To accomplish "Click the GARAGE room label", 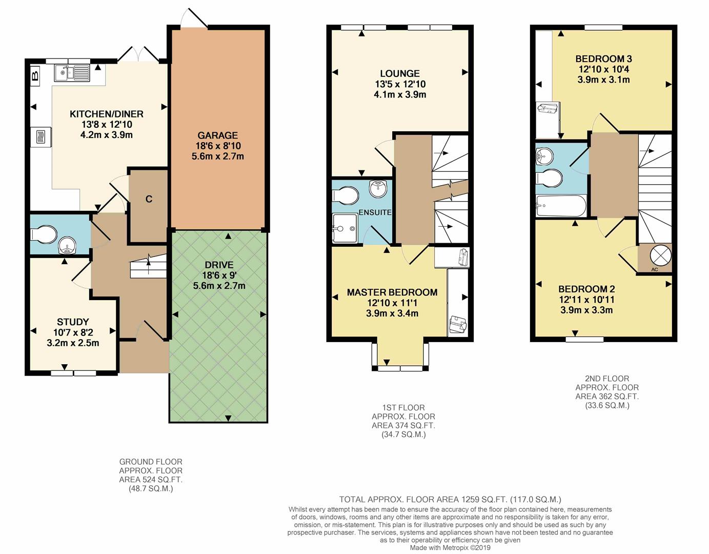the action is pos(218,135).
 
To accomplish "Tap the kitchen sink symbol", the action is pos(72,73).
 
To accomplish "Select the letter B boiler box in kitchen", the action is pos(35,76).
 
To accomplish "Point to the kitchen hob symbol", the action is pos(42,137).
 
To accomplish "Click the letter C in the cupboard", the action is pos(149,199).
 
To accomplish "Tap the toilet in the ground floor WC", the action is pos(44,234).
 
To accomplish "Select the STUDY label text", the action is pos(73,322).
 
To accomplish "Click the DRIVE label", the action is pos(219,265).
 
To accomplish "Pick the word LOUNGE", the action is pos(400,73).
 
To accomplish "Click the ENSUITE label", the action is pos(375,212).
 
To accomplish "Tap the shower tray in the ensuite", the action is pos(345,228).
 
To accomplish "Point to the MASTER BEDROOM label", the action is pos(392,292).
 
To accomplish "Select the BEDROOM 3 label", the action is pos(603,59).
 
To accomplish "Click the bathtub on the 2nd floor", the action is pos(561,206).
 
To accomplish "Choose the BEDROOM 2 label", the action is pos(586,289).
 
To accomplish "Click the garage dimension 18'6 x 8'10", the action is pos(218,146).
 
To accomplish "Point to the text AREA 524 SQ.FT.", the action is pos(150,480).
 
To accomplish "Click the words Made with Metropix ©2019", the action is pos(450,547).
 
